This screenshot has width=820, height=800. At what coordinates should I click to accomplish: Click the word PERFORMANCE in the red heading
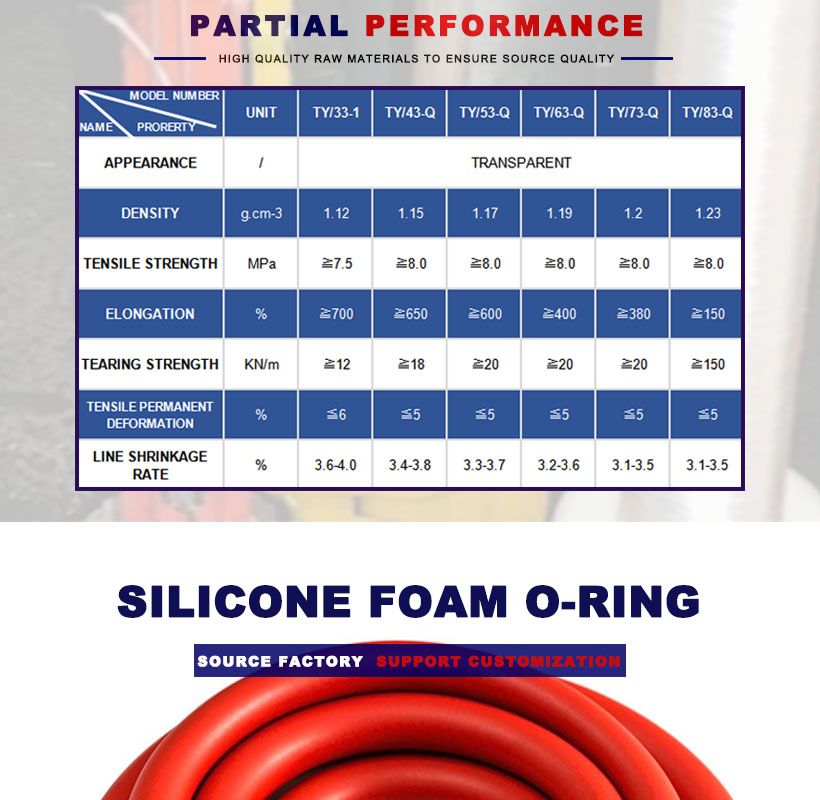pyautogui.click(x=504, y=26)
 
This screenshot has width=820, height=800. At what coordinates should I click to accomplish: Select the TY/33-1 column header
pyautogui.click(x=336, y=112)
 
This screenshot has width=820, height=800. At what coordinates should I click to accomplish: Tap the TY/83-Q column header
pyautogui.click(x=707, y=112)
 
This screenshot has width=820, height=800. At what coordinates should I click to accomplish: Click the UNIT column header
pyautogui.click(x=261, y=112)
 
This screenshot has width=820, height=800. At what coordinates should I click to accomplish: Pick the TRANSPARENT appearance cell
pyautogui.click(x=521, y=163)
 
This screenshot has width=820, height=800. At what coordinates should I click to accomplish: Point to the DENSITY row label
pyautogui.click(x=150, y=213)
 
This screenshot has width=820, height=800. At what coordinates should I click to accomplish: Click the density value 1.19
pyautogui.click(x=559, y=213)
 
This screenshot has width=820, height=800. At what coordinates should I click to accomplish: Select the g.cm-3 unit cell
pyautogui.click(x=261, y=214)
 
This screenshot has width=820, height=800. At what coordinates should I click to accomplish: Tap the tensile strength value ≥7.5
pyautogui.click(x=336, y=264)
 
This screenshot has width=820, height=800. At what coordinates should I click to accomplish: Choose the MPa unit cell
pyautogui.click(x=261, y=264)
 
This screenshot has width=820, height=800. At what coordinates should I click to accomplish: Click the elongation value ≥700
pyautogui.click(x=336, y=314)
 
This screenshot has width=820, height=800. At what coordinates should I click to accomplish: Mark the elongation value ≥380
pyautogui.click(x=633, y=314)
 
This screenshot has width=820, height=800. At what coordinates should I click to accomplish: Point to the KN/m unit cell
pyautogui.click(x=261, y=364)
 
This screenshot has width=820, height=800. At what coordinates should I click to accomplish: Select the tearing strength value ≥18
pyautogui.click(x=411, y=364)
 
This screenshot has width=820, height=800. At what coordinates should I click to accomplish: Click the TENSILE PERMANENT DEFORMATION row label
pyautogui.click(x=150, y=415)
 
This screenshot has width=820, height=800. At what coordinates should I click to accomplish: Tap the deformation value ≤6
pyautogui.click(x=336, y=415)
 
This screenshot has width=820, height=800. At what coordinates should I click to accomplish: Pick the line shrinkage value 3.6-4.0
pyautogui.click(x=335, y=465)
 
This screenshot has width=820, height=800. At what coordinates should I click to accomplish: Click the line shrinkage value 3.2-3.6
pyautogui.click(x=559, y=465)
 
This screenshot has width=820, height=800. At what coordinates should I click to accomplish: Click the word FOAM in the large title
pyautogui.click(x=438, y=602)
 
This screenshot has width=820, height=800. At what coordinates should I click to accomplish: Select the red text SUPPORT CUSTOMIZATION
pyautogui.click(x=498, y=661)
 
